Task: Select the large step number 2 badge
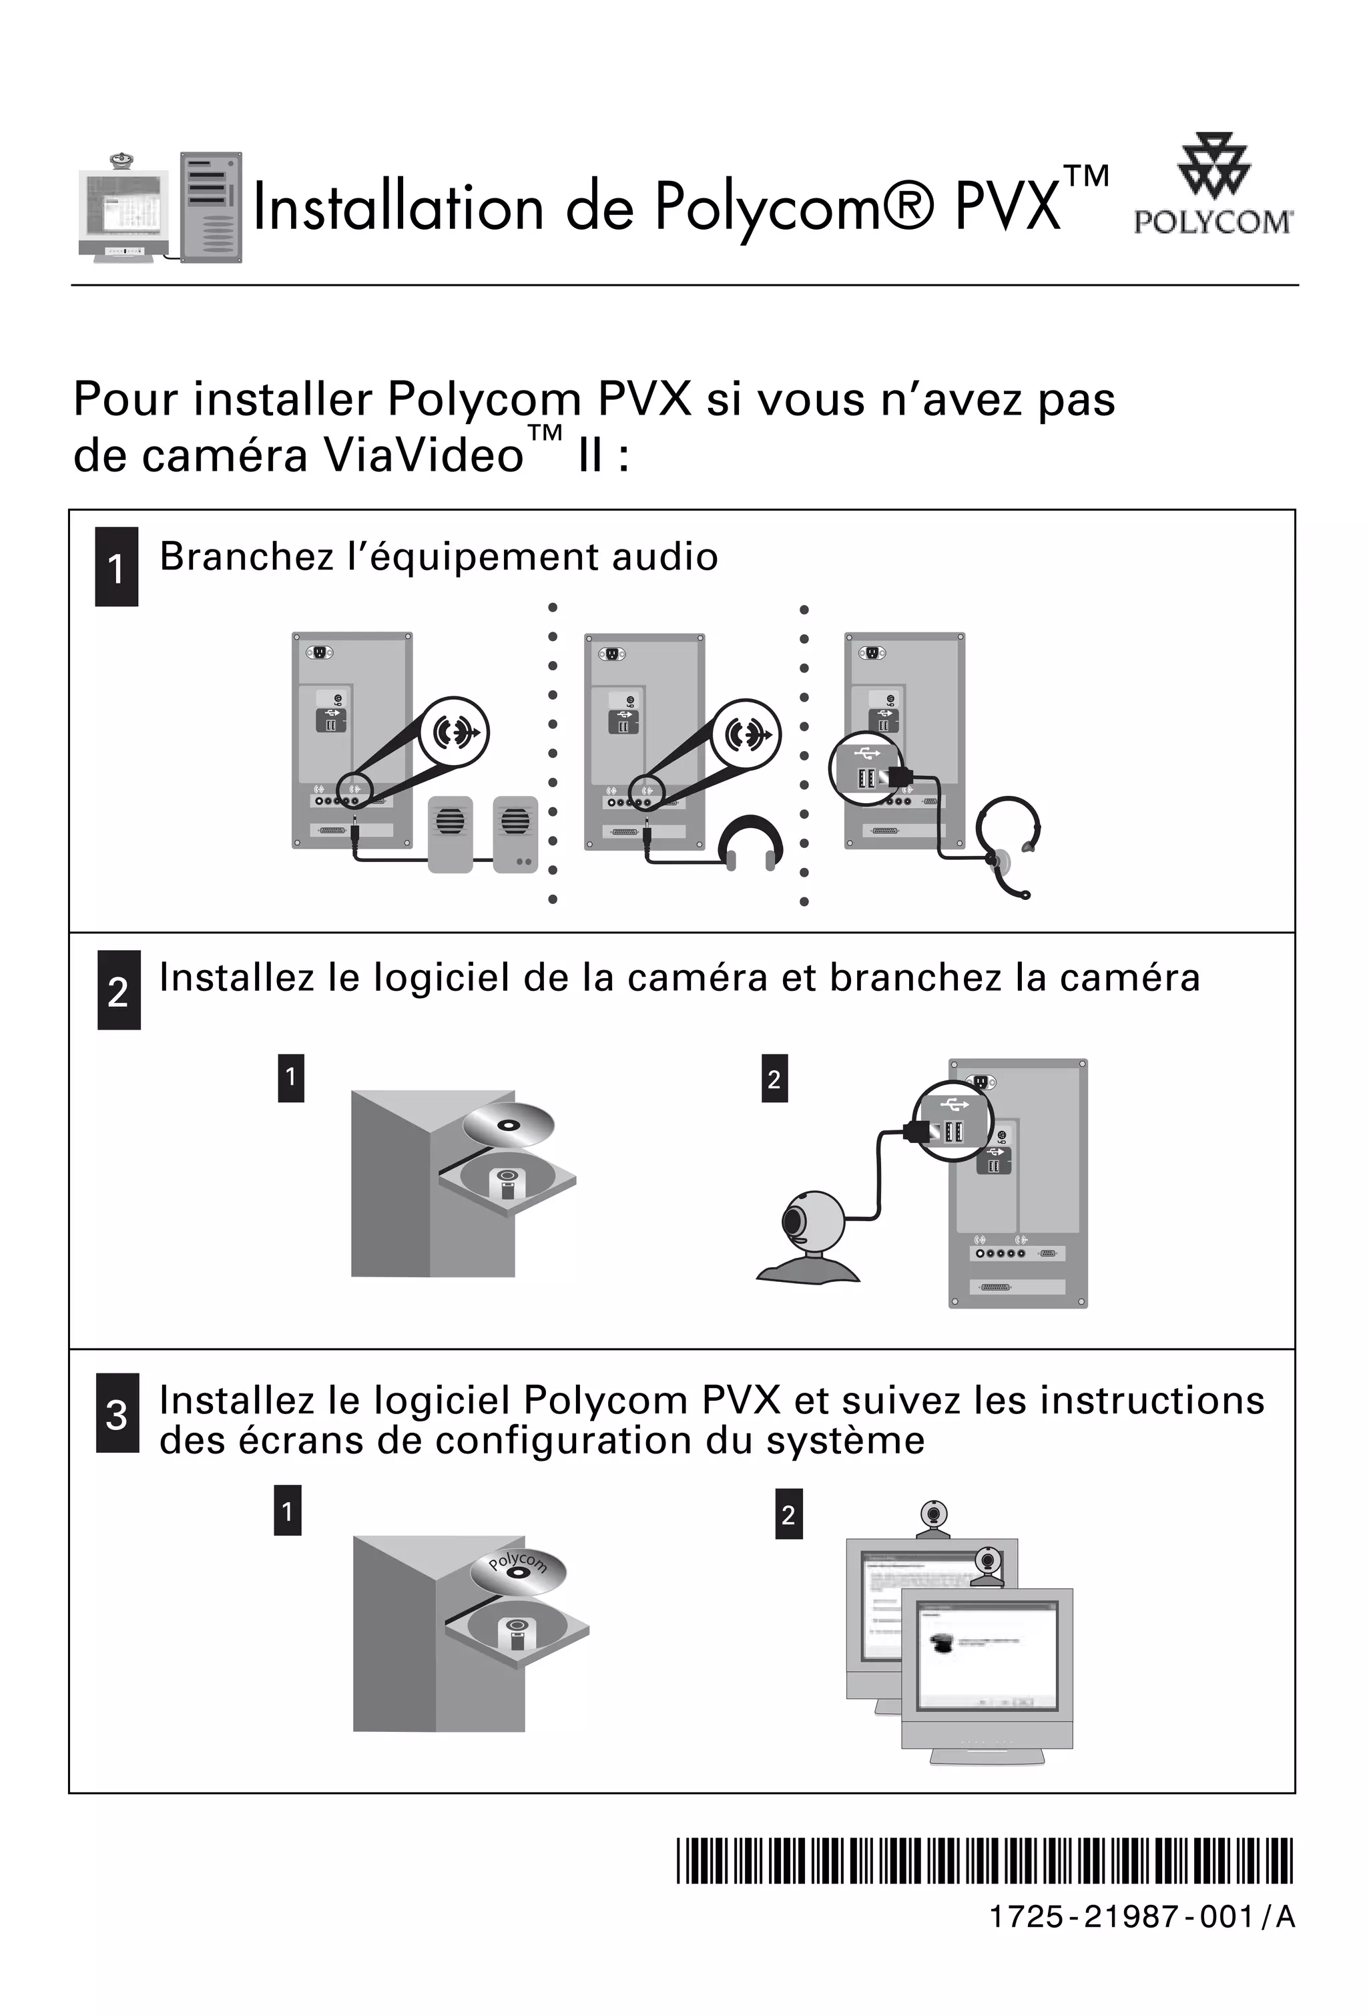tap(119, 991)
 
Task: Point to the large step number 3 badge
tap(117, 1414)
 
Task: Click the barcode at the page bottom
tap(984, 1861)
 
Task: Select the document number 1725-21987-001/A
tap(1141, 1917)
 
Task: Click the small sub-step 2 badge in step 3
tap(788, 1515)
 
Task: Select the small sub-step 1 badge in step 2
tap(290, 1078)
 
